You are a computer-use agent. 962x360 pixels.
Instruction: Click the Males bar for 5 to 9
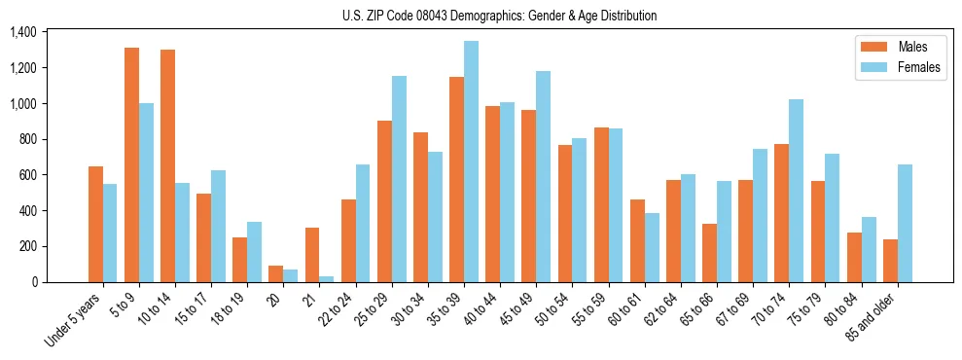click(131, 164)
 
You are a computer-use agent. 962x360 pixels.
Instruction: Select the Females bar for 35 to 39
click(471, 162)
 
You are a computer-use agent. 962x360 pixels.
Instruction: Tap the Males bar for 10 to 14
click(167, 165)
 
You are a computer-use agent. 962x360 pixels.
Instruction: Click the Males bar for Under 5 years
click(95, 224)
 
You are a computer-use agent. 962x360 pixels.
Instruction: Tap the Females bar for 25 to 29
click(399, 179)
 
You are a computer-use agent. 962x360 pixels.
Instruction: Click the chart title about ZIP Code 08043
click(500, 16)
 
